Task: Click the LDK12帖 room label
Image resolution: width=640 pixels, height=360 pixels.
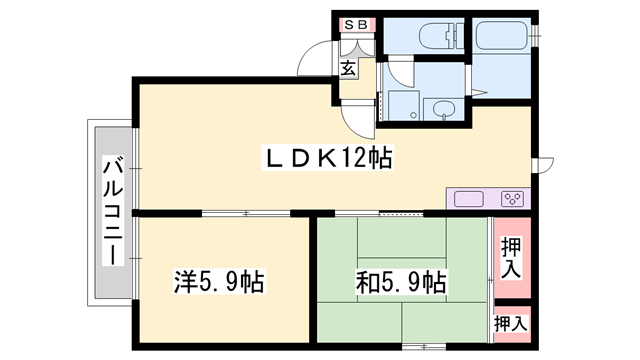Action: coord(326,157)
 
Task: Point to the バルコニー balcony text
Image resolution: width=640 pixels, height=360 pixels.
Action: coord(110,210)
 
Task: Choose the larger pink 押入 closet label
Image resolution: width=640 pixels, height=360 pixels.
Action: coord(510,258)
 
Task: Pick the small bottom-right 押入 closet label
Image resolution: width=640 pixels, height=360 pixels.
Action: coord(511,324)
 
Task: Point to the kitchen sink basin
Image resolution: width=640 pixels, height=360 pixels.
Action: coord(470,198)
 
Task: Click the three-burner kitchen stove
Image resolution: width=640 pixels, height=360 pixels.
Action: coord(511,198)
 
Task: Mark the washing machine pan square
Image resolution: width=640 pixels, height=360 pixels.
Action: coord(405,104)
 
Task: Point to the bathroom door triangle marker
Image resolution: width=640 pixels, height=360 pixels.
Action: coord(479,93)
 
